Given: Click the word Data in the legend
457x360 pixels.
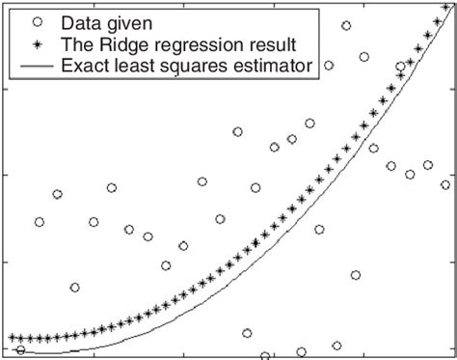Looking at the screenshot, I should point(79,21).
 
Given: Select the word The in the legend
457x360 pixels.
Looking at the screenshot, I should point(76,43).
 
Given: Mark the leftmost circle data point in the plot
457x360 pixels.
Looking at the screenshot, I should point(21,350).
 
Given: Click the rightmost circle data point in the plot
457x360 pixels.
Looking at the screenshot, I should point(444,184).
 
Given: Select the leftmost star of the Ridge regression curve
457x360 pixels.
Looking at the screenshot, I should point(12,337).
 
